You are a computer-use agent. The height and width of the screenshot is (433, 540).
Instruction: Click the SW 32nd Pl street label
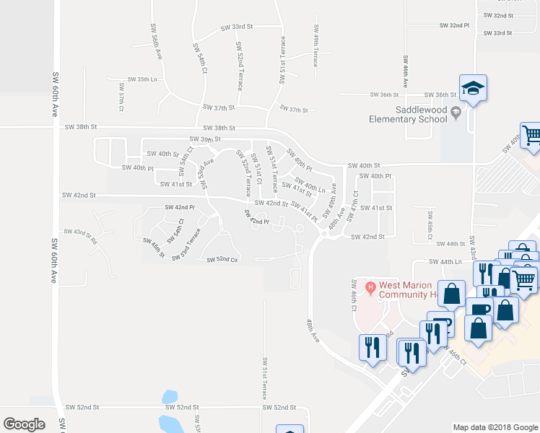pos(455,25)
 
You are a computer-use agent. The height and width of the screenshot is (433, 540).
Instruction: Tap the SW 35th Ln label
pos(142,79)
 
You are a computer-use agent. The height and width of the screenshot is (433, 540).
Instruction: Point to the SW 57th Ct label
pos(122,97)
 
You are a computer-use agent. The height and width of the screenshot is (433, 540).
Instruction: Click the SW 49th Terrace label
pos(316,45)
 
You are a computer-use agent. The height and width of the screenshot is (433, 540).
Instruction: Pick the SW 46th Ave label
pos(406,71)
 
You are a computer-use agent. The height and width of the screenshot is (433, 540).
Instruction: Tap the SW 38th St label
pos(80,127)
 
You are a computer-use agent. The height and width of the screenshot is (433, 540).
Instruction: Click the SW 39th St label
pos(204,139)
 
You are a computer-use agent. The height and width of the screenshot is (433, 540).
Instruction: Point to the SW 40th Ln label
pos(310,187)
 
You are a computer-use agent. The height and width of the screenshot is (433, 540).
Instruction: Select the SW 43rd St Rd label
pos(80,235)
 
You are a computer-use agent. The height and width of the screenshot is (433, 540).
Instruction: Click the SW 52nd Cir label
pos(222,260)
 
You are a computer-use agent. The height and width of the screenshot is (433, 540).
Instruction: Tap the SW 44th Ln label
pos(445,262)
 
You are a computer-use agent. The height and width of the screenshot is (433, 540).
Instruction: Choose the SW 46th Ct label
pos(354,295)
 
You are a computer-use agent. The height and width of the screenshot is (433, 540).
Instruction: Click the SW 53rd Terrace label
pos(186,245)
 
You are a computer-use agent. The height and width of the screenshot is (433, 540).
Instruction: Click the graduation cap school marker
pos(474,89)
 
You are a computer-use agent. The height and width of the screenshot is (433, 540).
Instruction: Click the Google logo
pos(24,424)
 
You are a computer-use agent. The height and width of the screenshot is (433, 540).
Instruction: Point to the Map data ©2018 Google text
pos(495,427)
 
